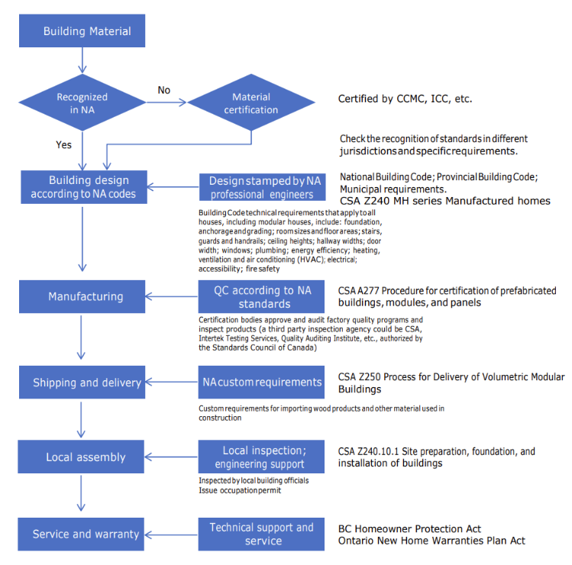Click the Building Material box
coord(82,31)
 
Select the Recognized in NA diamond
coord(82,102)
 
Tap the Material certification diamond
coord(251,102)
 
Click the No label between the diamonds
coord(163,90)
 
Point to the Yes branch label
coord(63,145)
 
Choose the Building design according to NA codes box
coord(84,187)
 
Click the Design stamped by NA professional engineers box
coord(262,187)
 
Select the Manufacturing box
coord(82,296)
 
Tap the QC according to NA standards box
coord(261,296)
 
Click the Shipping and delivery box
coord(82,383)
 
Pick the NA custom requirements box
coord(261,383)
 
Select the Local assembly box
coord(81,457)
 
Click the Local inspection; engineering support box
coord(261,457)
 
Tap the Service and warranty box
coord(81,534)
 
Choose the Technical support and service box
coord(261,534)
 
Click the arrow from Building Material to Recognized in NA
coord(82,60)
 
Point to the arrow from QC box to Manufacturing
coord(172,296)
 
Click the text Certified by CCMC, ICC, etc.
coord(405,98)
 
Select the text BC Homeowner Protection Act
coord(409,529)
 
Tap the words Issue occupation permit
coord(240,490)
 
